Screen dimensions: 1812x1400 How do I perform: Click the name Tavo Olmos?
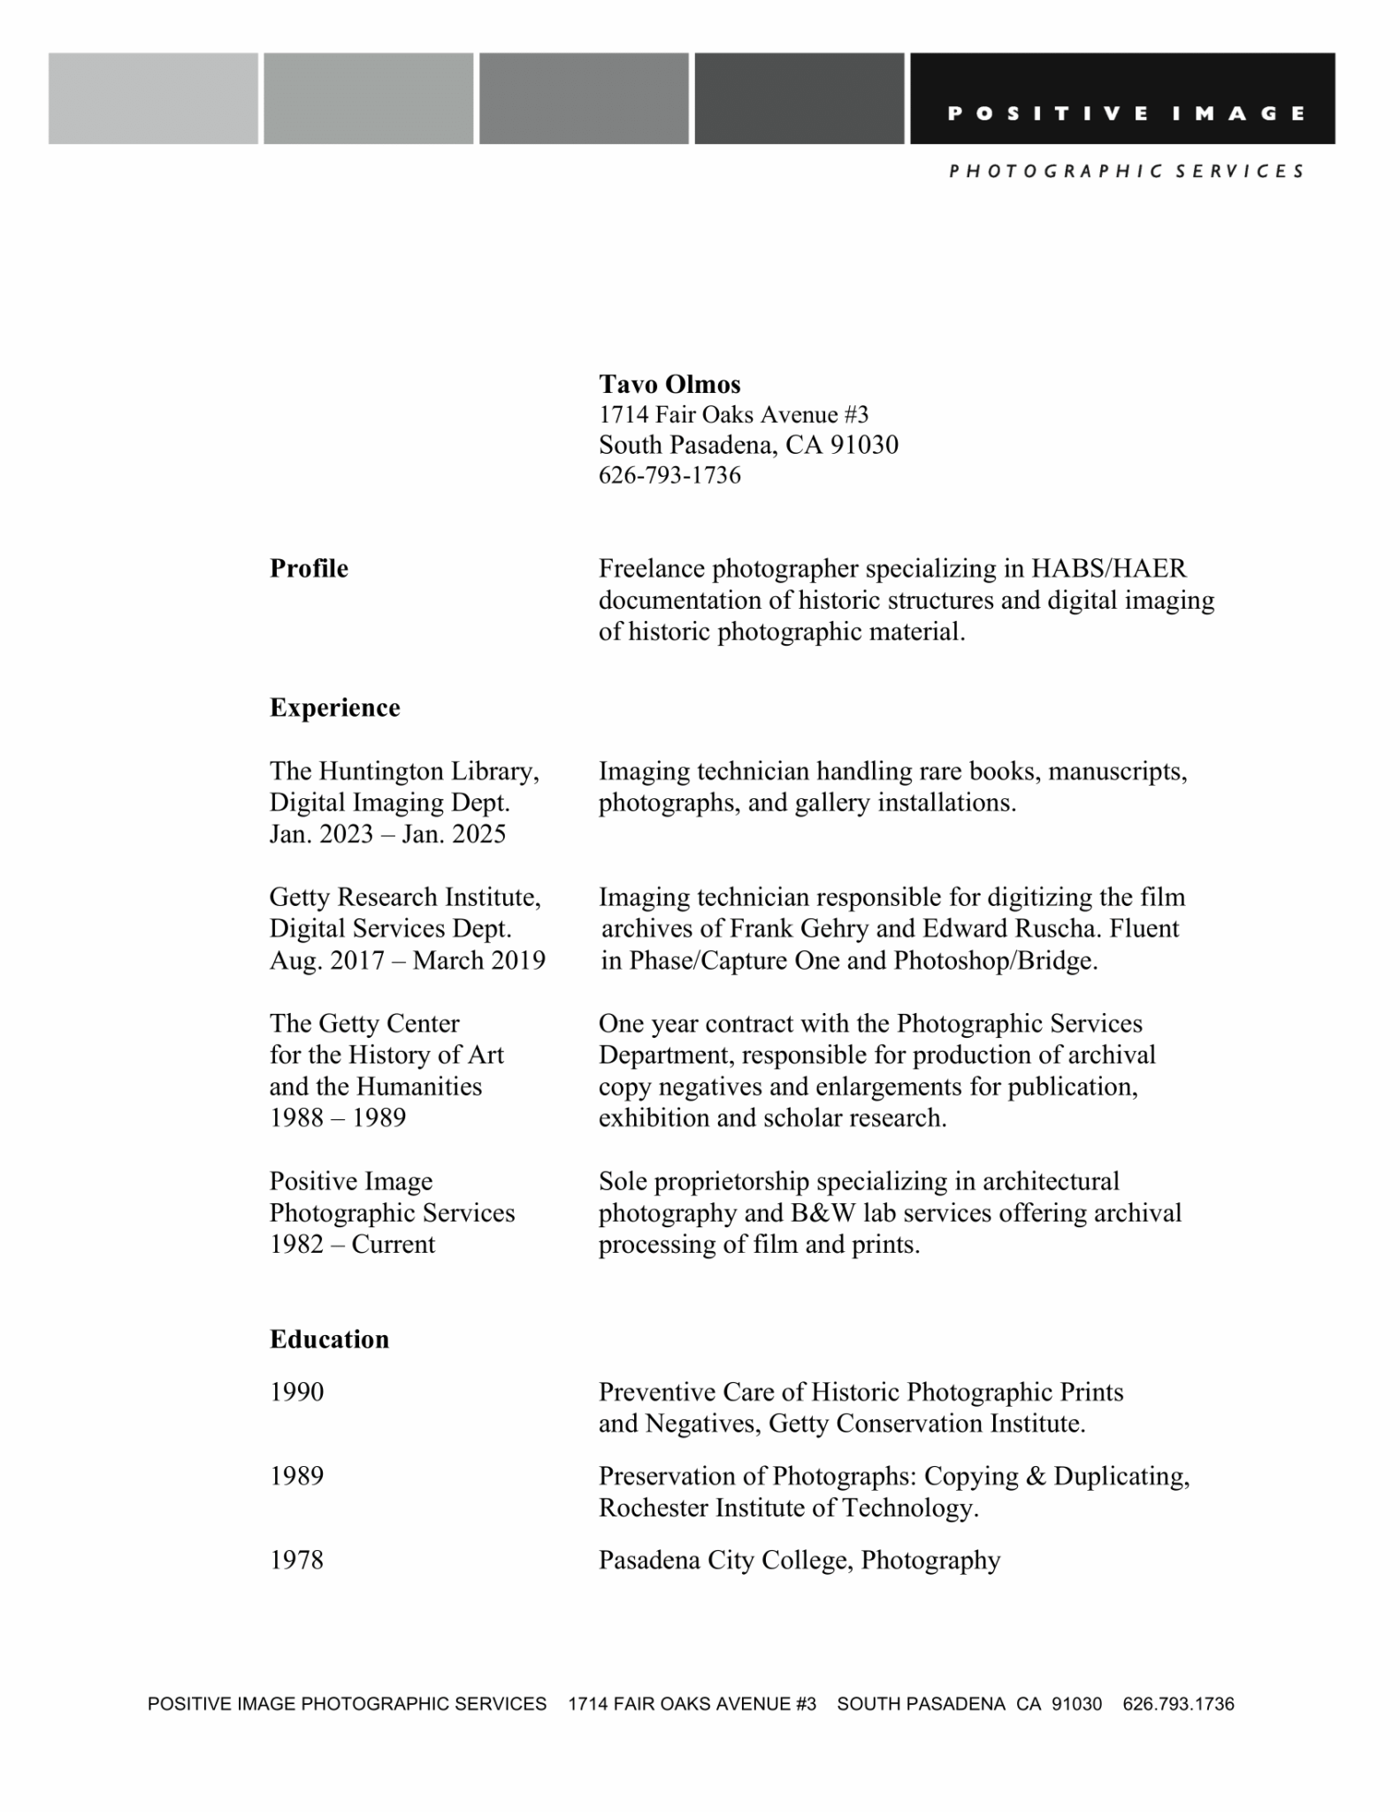(669, 384)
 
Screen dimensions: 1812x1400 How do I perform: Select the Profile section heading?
(309, 568)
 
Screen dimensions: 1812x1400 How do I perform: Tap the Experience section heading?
(334, 708)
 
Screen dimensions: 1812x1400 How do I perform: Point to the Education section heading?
(329, 1339)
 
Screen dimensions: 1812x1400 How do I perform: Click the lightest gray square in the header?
(153, 98)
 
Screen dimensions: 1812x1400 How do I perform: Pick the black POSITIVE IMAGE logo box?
(1122, 98)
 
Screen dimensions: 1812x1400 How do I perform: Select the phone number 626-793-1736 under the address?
(669, 476)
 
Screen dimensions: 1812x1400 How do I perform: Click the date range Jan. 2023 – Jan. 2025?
(387, 834)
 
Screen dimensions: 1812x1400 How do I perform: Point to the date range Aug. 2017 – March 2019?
(407, 960)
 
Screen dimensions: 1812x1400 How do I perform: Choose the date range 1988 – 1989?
(337, 1117)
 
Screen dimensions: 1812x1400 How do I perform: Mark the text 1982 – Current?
(352, 1244)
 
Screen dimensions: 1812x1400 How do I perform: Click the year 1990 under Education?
(296, 1392)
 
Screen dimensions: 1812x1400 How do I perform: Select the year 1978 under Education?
(296, 1560)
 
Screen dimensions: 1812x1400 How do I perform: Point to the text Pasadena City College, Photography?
(799, 1560)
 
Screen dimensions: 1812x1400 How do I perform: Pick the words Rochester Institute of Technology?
(787, 1508)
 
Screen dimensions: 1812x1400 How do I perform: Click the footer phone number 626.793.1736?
(1178, 1704)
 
